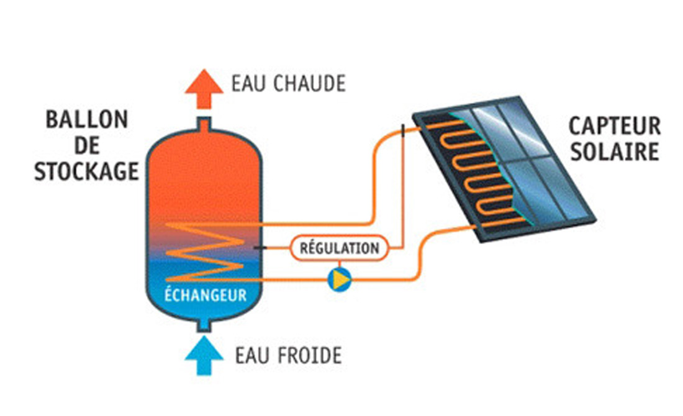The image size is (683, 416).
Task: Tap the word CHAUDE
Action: [x=309, y=84]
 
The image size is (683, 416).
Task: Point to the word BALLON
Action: [x=86, y=120]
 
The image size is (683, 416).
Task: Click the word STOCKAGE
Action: [x=86, y=171]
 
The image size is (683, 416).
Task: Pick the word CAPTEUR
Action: [x=615, y=127]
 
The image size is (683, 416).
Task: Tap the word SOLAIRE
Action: [x=615, y=152]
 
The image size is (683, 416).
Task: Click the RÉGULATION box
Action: [x=339, y=248]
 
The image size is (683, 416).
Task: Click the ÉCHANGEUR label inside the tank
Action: [x=205, y=294]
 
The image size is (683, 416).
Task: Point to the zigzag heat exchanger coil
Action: [x=205, y=251]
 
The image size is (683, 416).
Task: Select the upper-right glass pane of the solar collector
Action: [x=523, y=127]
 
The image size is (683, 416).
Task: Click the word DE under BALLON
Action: [x=86, y=146]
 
